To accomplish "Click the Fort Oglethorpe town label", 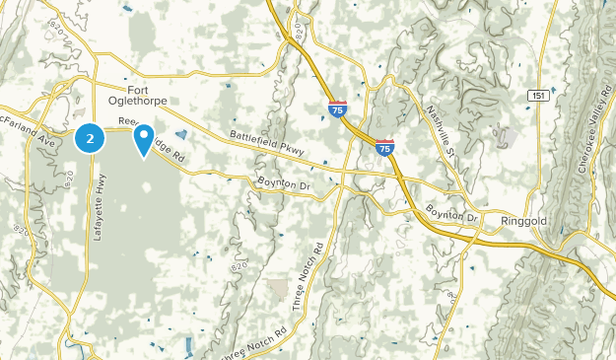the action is (x=141, y=94).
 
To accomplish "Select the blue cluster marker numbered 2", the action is (x=90, y=139).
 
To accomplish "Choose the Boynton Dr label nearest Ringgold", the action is (x=452, y=214).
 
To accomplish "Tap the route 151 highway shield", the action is (x=538, y=95).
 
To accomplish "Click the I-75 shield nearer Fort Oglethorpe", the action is (x=337, y=108).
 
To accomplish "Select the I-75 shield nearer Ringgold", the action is (x=384, y=147).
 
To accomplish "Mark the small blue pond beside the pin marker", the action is (x=180, y=135).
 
